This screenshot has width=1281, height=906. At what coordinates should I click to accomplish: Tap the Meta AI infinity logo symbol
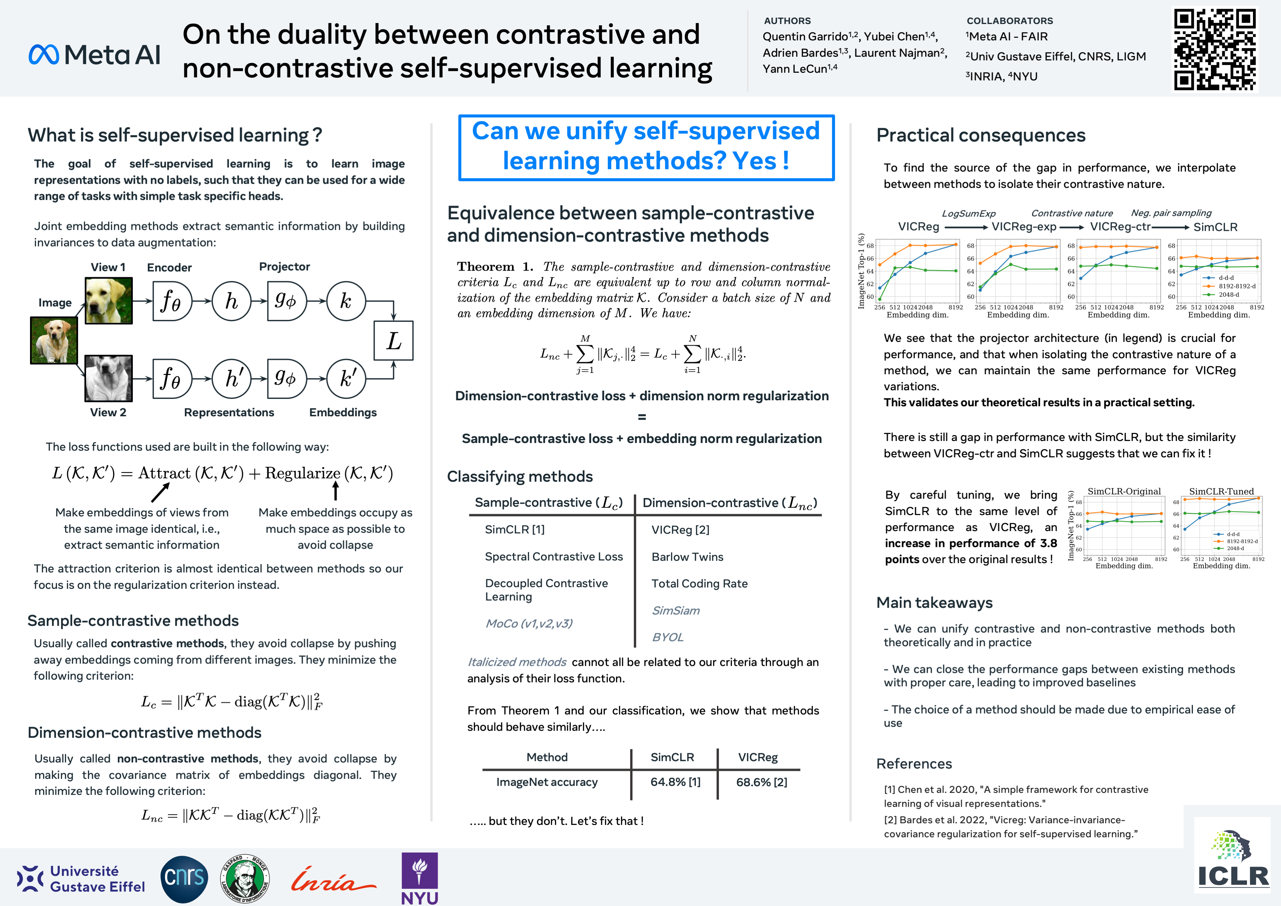coord(43,55)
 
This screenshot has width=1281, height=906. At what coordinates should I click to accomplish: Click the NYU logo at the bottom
coord(420,878)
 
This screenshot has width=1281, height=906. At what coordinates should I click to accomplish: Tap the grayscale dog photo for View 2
coord(109,378)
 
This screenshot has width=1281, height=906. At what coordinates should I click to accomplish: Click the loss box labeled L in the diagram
coord(393,340)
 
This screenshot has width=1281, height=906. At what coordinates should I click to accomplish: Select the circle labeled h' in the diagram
coord(232,379)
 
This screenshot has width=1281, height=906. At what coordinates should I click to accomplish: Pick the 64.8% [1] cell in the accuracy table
coord(675,782)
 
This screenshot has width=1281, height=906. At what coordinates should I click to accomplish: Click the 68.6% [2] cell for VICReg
coord(762,782)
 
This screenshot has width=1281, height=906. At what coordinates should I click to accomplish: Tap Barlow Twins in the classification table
coord(687,557)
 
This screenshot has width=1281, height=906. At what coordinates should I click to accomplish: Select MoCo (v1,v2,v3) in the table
coord(529,623)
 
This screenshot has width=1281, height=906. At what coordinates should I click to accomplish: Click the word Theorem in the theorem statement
coord(485,267)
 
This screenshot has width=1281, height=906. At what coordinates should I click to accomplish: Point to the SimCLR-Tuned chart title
coord(1221,491)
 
